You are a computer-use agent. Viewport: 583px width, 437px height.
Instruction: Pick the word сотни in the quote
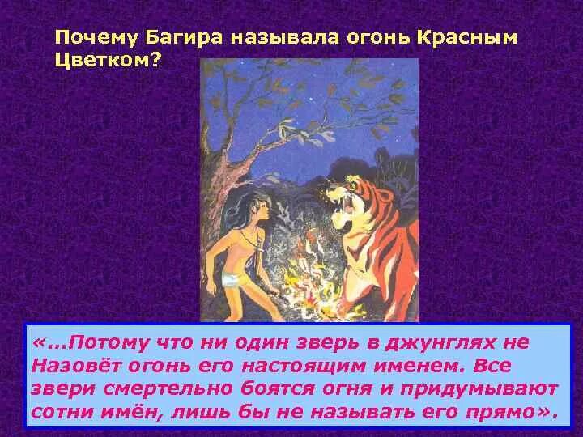[62, 413]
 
